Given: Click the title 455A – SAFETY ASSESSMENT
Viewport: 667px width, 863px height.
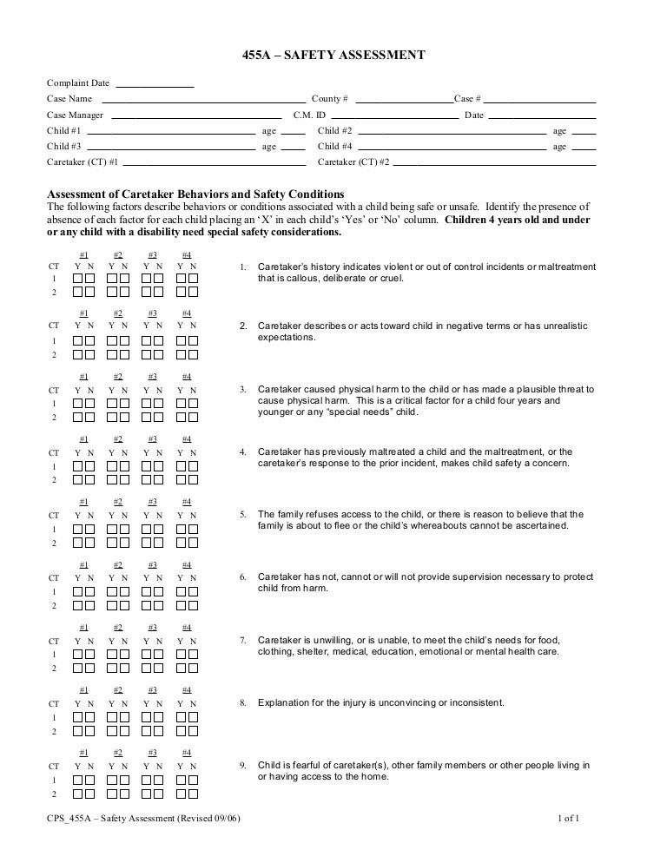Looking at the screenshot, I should tap(333, 56).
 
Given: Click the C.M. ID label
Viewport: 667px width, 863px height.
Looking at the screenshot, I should tap(309, 115).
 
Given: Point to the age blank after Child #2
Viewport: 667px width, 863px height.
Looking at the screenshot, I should tap(584, 133).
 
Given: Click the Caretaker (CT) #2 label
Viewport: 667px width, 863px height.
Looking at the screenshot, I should tap(353, 162).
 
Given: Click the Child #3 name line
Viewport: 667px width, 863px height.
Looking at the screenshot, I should tap(171, 148).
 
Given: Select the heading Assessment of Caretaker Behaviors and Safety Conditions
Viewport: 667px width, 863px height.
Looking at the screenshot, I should tap(195, 194).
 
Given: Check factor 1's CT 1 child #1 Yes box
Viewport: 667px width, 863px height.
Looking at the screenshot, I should tap(78, 279).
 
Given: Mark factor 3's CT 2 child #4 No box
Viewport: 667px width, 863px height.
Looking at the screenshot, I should tap(193, 417).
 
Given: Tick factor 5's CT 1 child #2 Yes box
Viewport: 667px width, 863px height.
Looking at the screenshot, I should tap(112, 530).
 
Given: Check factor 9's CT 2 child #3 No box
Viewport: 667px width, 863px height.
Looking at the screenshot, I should tap(158, 794).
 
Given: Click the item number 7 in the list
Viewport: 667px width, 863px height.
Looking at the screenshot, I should tap(243, 641).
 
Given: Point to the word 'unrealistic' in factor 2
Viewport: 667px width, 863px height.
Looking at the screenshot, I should tap(566, 326).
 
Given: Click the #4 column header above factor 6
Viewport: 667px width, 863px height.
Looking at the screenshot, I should tap(187, 564).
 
